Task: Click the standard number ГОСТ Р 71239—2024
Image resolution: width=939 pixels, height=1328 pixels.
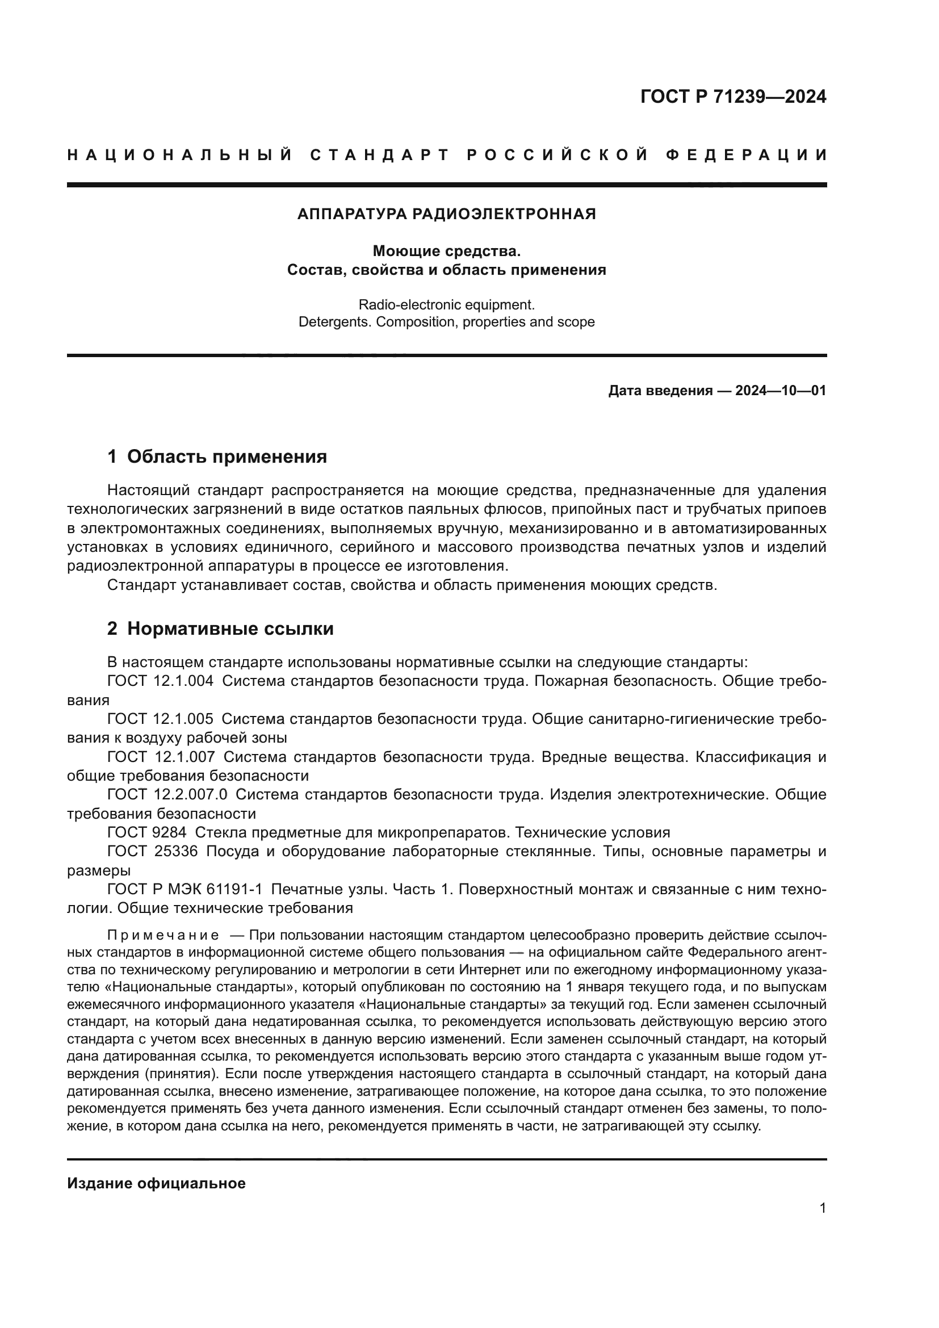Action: coord(732,97)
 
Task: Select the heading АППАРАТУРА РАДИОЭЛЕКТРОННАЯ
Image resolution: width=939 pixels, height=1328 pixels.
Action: coord(446,214)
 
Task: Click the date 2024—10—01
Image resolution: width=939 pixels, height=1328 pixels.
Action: coord(781,391)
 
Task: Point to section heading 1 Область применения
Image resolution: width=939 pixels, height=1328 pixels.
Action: coord(217,457)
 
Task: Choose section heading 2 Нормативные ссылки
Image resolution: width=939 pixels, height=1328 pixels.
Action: coord(220,629)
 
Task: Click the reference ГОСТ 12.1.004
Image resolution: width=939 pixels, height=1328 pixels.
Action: coord(160,681)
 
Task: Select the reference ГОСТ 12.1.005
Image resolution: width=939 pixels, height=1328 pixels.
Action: coord(160,719)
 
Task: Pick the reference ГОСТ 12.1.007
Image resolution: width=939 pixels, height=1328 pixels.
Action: coord(161,757)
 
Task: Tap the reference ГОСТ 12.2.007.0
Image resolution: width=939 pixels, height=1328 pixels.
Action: coord(167,795)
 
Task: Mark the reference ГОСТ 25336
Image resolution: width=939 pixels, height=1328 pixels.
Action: coord(153,852)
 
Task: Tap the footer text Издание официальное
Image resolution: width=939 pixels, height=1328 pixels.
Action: coord(156,1183)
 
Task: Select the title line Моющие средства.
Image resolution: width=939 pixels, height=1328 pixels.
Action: coord(446,251)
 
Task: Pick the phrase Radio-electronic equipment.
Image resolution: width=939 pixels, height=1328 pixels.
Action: coord(446,305)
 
